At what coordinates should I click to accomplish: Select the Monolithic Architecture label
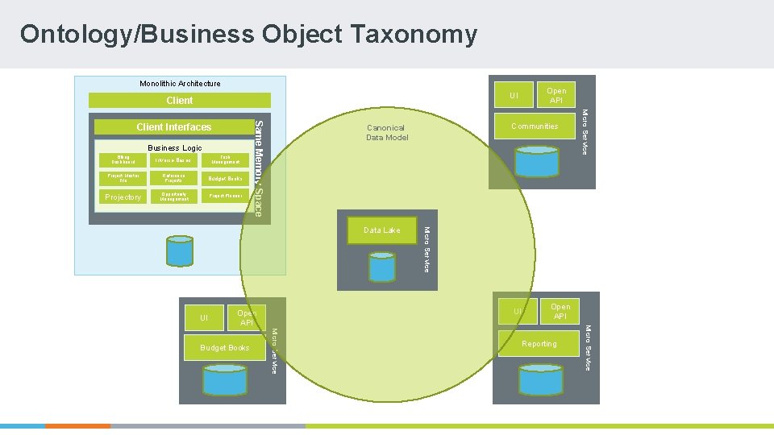point(180,83)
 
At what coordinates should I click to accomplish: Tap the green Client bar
point(179,101)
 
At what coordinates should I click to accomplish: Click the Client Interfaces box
point(173,127)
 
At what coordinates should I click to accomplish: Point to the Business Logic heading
point(175,148)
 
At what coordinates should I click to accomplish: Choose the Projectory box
point(123,197)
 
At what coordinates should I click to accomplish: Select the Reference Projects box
point(173,178)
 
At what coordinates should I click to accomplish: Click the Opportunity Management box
point(173,197)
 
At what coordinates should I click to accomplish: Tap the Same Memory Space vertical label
point(258,167)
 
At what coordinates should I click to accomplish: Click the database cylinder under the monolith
point(179,251)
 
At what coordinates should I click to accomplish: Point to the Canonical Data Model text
point(387,133)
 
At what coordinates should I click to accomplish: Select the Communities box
point(535,126)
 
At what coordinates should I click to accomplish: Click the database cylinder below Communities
point(536,161)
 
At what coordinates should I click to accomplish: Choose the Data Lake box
point(381,230)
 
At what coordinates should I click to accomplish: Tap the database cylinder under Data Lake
point(381,265)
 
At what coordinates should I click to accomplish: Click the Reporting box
point(539,344)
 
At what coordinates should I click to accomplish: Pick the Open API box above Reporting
point(560,311)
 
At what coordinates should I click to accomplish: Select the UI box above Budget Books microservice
point(204,318)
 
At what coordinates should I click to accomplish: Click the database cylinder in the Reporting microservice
point(540,379)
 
